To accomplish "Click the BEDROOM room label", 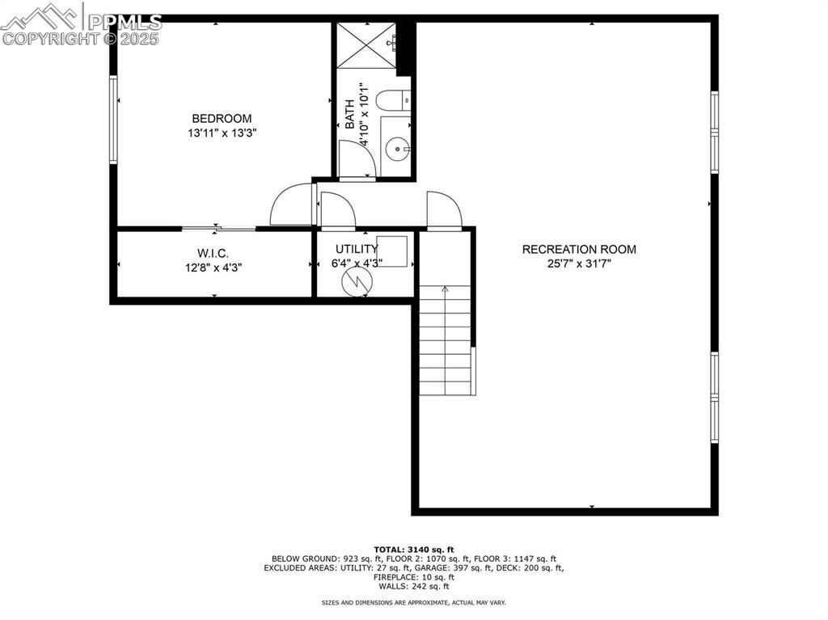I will pyautogui.click(x=222, y=118).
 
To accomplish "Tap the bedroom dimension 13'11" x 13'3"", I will pyautogui.click(x=222, y=133).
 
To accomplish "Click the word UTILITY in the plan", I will pyautogui.click(x=356, y=249).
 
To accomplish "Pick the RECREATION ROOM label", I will pyautogui.click(x=579, y=249).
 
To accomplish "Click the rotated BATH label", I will pyautogui.click(x=349, y=114).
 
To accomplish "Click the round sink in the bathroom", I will pyautogui.click(x=397, y=148).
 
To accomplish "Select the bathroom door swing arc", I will pyautogui.click(x=357, y=158).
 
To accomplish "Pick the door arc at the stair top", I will pyautogui.click(x=443, y=210).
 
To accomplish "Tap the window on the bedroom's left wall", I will pyautogui.click(x=113, y=120).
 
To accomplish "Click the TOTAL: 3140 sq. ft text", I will pyautogui.click(x=413, y=549).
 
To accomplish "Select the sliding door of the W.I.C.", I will pyautogui.click(x=218, y=229).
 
